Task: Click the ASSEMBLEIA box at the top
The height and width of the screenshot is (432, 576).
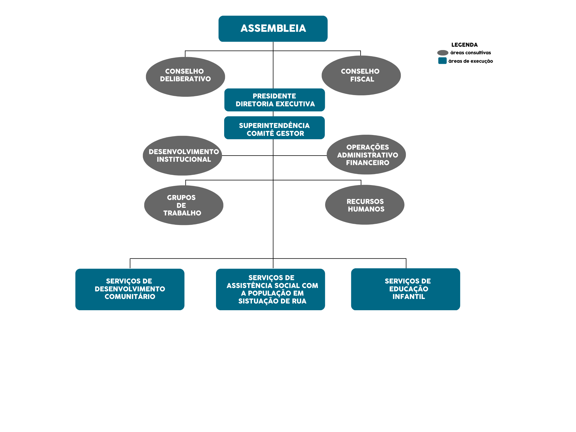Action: pyautogui.click(x=273, y=29)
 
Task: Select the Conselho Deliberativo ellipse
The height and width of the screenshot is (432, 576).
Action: pyautogui.click(x=185, y=77)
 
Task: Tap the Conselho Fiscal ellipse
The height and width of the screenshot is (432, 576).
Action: pyautogui.click(x=361, y=75)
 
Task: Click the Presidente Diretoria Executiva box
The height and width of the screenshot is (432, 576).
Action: pyautogui.click(x=274, y=100)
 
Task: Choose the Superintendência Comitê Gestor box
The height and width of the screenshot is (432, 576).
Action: pyautogui.click(x=274, y=128)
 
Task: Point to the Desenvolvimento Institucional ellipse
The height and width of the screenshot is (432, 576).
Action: pyautogui.click(x=183, y=156)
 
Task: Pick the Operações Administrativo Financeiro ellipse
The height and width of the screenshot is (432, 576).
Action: pyautogui.click(x=366, y=155)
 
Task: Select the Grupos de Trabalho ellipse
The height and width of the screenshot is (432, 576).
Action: pyautogui.click(x=184, y=205)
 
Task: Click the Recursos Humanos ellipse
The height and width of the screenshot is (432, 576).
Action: pyautogui.click(x=365, y=205)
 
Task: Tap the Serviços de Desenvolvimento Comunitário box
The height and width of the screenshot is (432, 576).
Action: pyautogui.click(x=130, y=289)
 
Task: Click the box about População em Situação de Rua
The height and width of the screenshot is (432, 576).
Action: pyautogui.click(x=271, y=289)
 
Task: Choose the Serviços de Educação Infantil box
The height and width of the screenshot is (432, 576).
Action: pyautogui.click(x=406, y=289)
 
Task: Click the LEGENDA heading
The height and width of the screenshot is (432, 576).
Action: pyautogui.click(x=464, y=45)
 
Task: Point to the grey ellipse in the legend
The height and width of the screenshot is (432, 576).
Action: pyautogui.click(x=443, y=53)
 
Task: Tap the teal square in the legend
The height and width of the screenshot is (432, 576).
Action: pyautogui.click(x=442, y=61)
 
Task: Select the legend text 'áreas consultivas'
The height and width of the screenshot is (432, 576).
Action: pyautogui.click(x=471, y=53)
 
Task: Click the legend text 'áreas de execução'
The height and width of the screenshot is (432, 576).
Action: pyautogui.click(x=471, y=61)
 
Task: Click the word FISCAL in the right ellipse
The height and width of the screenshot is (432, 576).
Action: pyautogui.click(x=362, y=79)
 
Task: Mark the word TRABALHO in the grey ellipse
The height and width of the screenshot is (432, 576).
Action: pyautogui.click(x=182, y=213)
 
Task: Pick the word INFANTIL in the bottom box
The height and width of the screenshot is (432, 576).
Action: pyautogui.click(x=409, y=297)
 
